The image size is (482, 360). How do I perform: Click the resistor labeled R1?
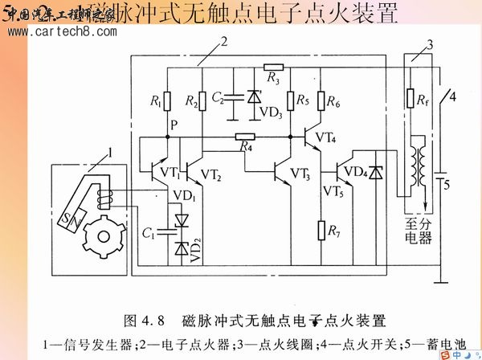click(x=167, y=101)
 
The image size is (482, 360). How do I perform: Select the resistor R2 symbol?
click(x=202, y=101)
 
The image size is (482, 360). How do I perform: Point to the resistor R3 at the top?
click(x=274, y=67)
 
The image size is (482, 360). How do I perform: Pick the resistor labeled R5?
click(x=290, y=101)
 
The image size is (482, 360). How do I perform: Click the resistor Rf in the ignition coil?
click(x=408, y=101)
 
